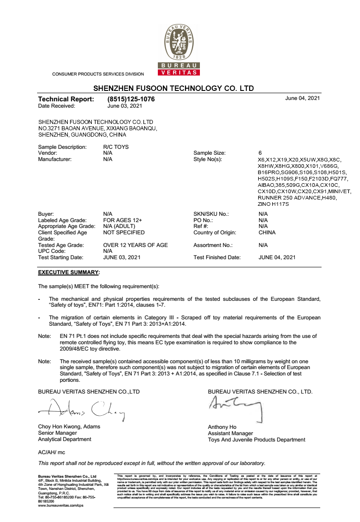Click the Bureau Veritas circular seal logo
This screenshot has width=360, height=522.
pyautogui.click(x=180, y=43)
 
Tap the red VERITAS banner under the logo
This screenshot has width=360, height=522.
pyautogui.click(x=180, y=73)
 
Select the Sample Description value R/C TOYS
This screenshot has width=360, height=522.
pyautogui.click(x=116, y=147)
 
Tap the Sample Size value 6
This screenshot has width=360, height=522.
pyautogui.click(x=260, y=153)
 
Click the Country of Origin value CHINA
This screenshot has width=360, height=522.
pyautogui.click(x=267, y=233)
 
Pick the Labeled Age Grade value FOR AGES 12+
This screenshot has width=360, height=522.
pyautogui.click(x=123, y=220)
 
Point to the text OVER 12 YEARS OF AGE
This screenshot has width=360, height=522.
pyautogui.click(x=135, y=245)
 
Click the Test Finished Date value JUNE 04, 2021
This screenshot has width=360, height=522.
pyautogui.click(x=277, y=257)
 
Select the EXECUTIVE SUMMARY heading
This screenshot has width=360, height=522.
pyautogui.click(x=69, y=272)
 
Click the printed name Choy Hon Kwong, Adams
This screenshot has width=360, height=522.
pyautogui.click(x=69, y=427)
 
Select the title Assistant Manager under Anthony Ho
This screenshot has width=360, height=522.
pyautogui.click(x=230, y=433)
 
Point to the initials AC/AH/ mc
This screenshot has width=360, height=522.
pyautogui.click(x=52, y=452)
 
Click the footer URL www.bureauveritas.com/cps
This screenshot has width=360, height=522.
pyautogui.click(x=61, y=505)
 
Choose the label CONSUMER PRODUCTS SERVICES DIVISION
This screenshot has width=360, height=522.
pyautogui.click(x=98, y=74)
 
